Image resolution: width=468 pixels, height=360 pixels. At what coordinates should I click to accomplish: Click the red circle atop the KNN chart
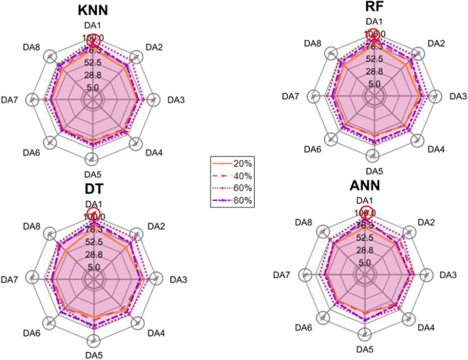(94, 40)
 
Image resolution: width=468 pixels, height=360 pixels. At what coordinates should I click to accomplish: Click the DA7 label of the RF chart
(291, 96)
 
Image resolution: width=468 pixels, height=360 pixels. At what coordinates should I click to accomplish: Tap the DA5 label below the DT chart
(94, 355)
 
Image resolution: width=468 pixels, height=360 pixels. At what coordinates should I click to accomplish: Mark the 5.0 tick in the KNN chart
(93, 87)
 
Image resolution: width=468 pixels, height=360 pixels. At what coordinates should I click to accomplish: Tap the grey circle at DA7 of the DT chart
(31, 279)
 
